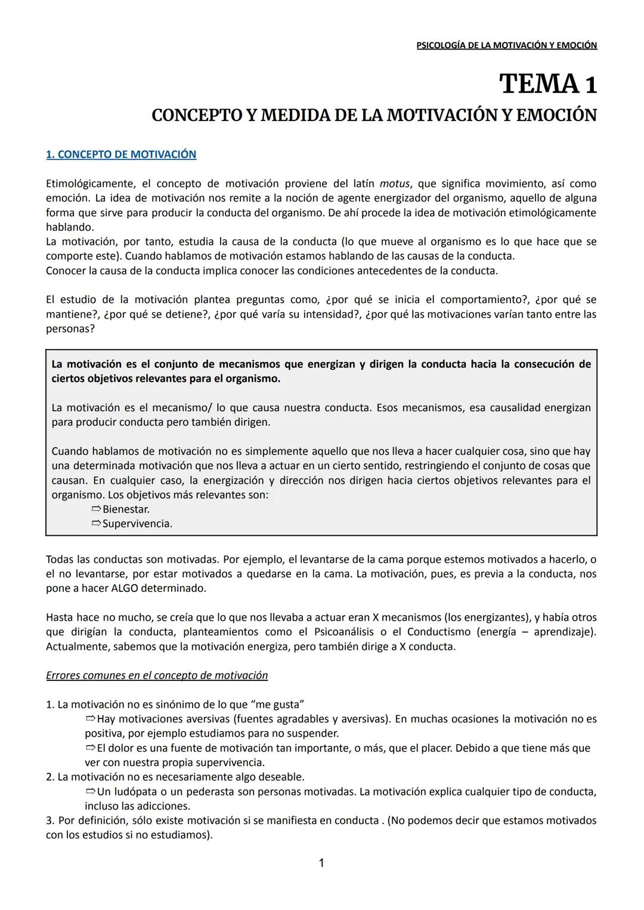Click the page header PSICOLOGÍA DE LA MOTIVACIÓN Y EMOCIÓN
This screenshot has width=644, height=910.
pyautogui.click(x=506, y=45)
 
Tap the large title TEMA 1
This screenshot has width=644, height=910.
pyautogui.click(x=548, y=84)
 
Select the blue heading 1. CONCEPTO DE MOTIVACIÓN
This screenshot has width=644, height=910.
pyautogui.click(x=121, y=155)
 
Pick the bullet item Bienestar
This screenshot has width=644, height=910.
pyautogui.click(x=126, y=510)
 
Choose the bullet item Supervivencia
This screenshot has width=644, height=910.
pyautogui.click(x=137, y=524)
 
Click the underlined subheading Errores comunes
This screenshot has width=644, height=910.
pyautogui.click(x=157, y=675)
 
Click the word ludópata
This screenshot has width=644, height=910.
pyautogui.click(x=137, y=792)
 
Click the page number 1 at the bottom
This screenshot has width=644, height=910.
pyautogui.click(x=321, y=863)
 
